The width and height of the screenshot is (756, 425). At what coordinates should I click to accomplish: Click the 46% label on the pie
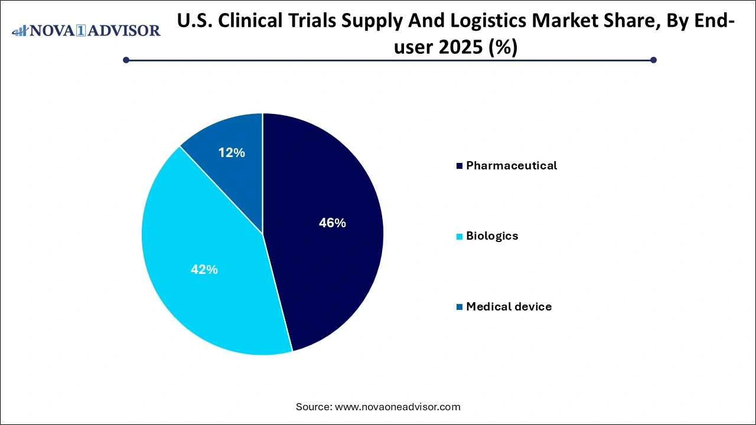click(332, 223)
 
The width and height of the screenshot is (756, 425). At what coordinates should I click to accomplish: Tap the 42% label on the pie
click(204, 270)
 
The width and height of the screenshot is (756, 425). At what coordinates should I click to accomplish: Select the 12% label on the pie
click(231, 153)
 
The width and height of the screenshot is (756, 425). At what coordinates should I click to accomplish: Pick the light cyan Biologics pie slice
click(195, 236)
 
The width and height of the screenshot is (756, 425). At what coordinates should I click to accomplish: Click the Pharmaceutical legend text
click(511, 166)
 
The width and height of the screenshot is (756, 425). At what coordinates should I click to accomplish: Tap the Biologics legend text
click(491, 236)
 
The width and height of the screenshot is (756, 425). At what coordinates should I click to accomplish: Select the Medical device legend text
click(509, 307)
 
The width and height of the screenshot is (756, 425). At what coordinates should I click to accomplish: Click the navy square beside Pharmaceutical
click(460, 166)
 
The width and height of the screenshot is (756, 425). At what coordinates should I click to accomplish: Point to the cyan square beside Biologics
click(460, 237)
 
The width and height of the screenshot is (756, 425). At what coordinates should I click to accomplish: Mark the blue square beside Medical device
click(460, 308)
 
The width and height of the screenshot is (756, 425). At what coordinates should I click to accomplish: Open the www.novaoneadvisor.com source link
click(397, 407)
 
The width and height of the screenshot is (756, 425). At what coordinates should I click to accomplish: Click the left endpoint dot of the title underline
click(126, 60)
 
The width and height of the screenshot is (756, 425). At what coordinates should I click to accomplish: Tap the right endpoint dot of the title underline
click(653, 60)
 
